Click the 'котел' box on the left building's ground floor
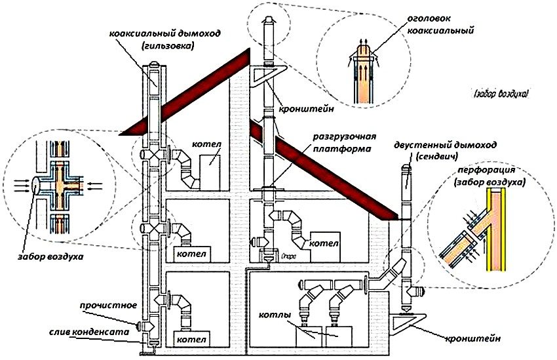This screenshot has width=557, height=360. tap(189, 340)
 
